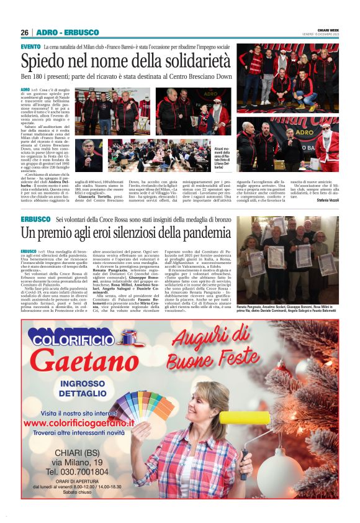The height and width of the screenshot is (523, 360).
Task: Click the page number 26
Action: point(24,32)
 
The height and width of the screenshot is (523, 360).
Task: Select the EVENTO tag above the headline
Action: point(30,47)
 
